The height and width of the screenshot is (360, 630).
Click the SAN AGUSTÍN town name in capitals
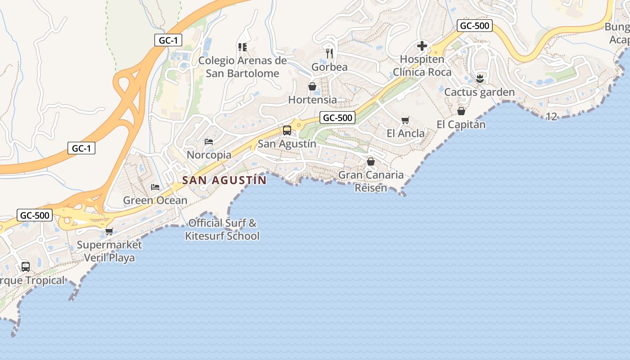[224, 180]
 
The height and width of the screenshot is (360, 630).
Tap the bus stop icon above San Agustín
[287, 130]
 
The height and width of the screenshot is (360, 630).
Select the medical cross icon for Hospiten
[422, 46]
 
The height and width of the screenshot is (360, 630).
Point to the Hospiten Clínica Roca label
[422, 66]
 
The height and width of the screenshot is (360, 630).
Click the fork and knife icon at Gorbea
[330, 54]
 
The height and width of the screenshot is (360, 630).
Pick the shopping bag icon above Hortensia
[312, 86]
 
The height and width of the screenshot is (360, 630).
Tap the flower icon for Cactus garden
[480, 79]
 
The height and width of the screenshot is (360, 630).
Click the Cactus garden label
[479, 92]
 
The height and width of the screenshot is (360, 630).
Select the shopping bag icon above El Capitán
[461, 111]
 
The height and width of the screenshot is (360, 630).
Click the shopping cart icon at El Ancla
[405, 120]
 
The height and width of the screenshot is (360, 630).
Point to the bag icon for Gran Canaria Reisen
[371, 161]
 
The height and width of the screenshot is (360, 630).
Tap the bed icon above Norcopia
[209, 141]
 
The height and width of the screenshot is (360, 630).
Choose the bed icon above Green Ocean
[155, 187]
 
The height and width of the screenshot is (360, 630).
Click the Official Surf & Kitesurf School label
[222, 229]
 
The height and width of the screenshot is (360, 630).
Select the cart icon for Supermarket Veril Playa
[109, 232]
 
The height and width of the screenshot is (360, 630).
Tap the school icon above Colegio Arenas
[243, 47]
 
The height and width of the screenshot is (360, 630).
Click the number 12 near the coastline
[551, 117]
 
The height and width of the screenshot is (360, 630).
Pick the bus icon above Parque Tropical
[26, 266]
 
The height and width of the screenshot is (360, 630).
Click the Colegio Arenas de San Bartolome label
[243, 67]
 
